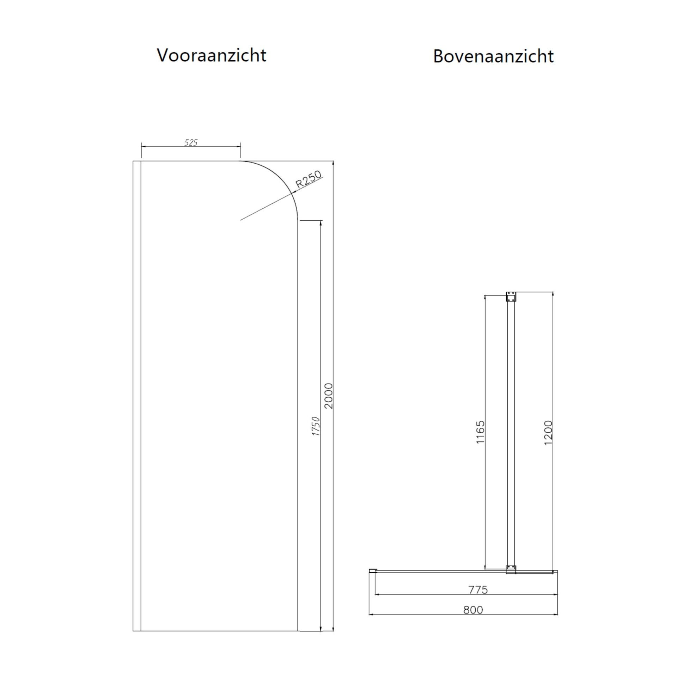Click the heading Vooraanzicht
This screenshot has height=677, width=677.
click(212, 55)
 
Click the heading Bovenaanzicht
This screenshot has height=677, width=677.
click(493, 56)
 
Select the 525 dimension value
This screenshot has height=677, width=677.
click(191, 142)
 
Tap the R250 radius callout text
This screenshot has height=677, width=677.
click(309, 180)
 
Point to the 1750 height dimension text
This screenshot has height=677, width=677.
click(316, 426)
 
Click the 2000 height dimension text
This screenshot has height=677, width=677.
click(328, 396)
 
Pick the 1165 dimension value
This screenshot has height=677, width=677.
click(480, 432)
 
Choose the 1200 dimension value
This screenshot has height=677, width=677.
click(548, 433)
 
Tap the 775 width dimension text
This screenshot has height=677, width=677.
click(478, 590)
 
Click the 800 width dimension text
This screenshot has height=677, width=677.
click(473, 610)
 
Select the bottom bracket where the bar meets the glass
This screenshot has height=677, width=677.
click(511, 569)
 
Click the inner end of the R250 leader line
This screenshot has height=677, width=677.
click(241, 220)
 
